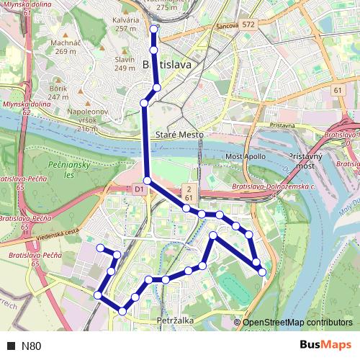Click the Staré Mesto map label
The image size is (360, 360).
pos(180,135)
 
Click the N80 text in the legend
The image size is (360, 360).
pos(32,346)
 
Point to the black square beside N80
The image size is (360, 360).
pos(10,346)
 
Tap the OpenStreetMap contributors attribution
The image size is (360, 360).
pos(297,323)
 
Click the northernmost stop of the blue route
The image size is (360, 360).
pos(153,30)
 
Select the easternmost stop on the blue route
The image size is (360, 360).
pos(262,271)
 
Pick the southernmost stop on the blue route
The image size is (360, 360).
pos(122,311)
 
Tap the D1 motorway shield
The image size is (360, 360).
pos(140,189)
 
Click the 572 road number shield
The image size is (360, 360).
pos(248,24)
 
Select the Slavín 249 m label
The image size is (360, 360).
pos(125,64)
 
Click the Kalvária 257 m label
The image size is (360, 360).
pos(125,24)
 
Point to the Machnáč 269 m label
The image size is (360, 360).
pos(64,47)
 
